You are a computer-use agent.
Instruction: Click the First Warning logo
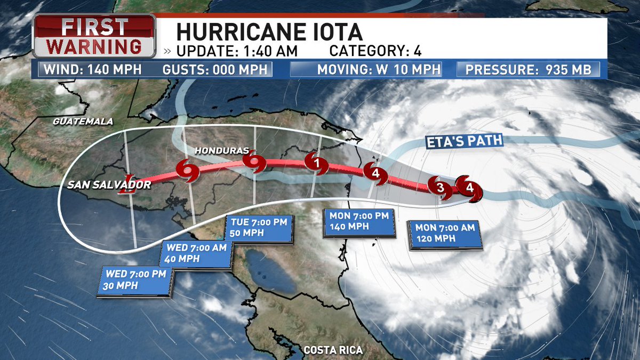click(94, 36)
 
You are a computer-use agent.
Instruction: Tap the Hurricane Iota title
click(269, 31)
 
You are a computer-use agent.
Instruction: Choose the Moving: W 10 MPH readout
click(379, 69)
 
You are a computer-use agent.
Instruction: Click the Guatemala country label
click(83, 122)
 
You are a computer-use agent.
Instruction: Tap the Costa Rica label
click(333, 350)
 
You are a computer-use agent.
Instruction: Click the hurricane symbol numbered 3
click(440, 187)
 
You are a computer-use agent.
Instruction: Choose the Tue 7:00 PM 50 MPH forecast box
click(260, 228)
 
